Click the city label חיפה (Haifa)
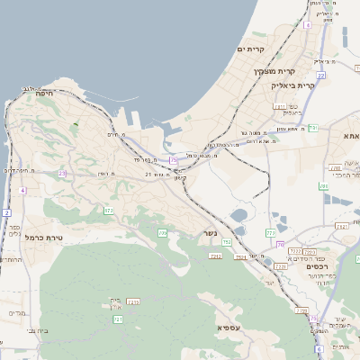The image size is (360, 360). click(x=44, y=93)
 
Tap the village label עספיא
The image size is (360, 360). click(x=230, y=327)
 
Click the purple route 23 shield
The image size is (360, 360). click(x=62, y=173)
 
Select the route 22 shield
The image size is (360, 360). click(x=320, y=76)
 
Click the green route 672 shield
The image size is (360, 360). click(x=109, y=210)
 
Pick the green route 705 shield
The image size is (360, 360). click(x=163, y=233)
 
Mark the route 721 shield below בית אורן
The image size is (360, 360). click(x=118, y=319)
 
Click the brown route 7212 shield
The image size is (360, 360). click(x=215, y=256)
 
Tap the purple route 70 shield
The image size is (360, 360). click(x=281, y=244)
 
